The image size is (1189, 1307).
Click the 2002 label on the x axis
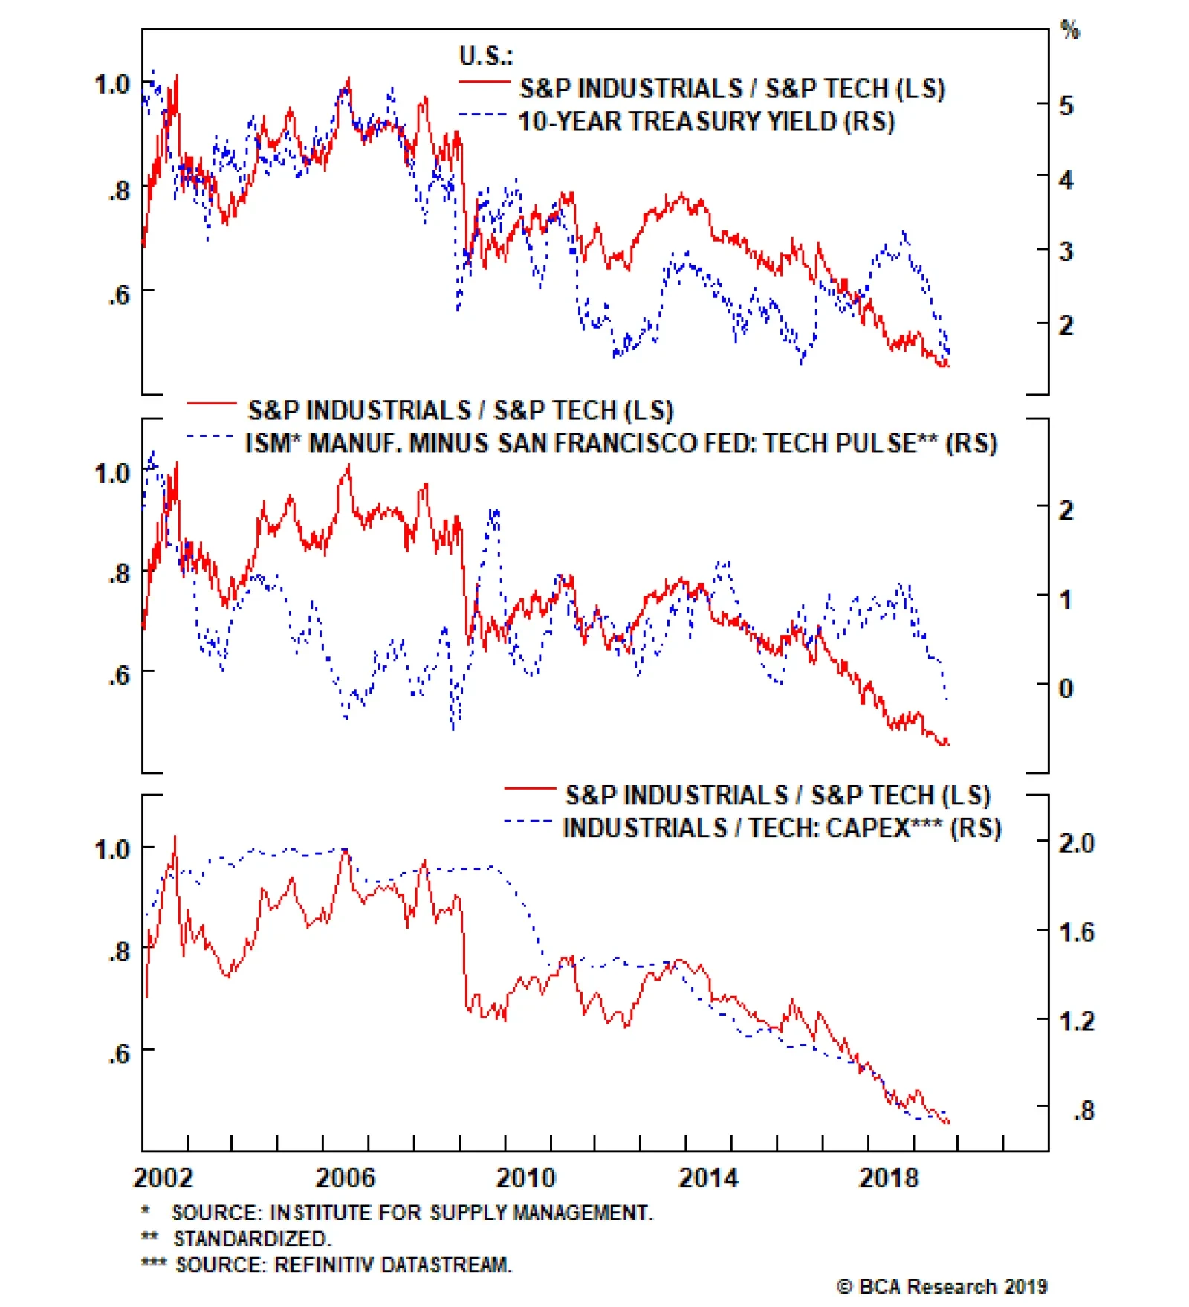[x=163, y=1178]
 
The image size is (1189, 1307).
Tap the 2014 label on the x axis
[x=708, y=1178]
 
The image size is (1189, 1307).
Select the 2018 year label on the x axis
[x=889, y=1178]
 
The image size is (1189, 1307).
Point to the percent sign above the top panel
[x=1069, y=30]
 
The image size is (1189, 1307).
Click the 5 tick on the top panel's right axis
[x=1066, y=106]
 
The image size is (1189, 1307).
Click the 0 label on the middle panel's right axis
[x=1066, y=688]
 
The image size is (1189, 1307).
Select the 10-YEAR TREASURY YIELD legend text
[x=706, y=121]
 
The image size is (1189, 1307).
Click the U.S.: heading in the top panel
[x=486, y=56]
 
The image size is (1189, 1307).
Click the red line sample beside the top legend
[x=484, y=82]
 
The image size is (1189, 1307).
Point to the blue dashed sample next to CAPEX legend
[x=528, y=822]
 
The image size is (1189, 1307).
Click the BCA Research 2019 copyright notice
[x=942, y=1287]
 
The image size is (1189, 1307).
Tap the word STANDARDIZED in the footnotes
[x=252, y=1239]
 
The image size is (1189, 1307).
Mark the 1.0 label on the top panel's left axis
[x=112, y=85]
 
